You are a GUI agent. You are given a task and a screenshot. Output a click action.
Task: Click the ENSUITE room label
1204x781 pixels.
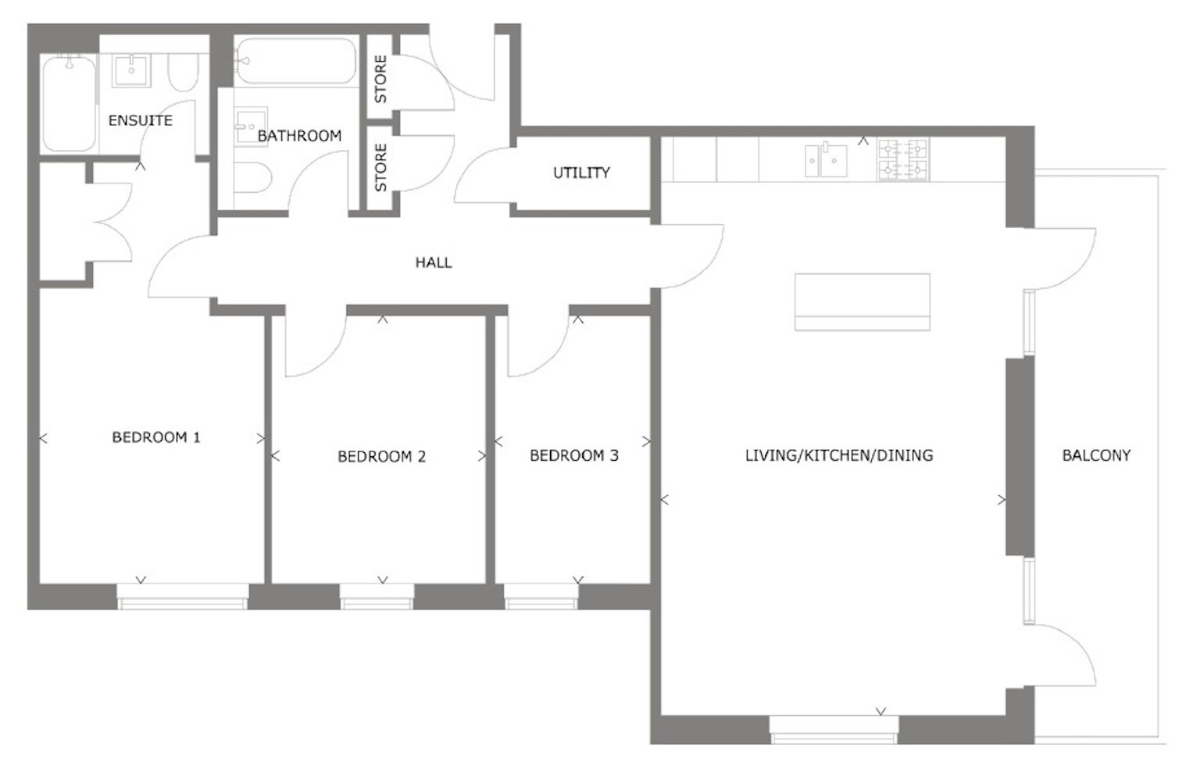[140, 120]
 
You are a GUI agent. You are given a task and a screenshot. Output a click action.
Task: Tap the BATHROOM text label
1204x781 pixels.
[299, 136]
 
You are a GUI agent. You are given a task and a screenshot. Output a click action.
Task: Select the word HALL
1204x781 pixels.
[433, 262]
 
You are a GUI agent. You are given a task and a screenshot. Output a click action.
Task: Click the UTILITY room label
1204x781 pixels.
[581, 173]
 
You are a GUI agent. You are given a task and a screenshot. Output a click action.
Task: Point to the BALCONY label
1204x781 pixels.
[1095, 455]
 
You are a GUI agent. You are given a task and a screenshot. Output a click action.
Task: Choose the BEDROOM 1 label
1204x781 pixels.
[156, 437]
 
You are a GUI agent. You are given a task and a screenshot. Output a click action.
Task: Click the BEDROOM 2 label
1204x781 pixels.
[381, 456]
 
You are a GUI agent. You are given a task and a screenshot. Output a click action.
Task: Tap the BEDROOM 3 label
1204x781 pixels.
[573, 455]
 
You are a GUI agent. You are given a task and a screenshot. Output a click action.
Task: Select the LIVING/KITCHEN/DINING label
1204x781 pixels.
[838, 455]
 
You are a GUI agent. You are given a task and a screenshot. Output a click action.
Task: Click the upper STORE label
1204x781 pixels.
[380, 79]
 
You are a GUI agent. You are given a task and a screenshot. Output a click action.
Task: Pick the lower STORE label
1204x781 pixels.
[380, 167]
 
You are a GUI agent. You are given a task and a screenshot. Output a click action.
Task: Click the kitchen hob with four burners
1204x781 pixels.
[902, 159]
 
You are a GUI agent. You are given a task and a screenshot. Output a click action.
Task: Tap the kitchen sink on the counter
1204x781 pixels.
[826, 160]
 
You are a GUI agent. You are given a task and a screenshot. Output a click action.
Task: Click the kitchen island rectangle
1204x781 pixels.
[862, 301]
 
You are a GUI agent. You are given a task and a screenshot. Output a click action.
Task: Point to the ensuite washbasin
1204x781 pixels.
[132, 70]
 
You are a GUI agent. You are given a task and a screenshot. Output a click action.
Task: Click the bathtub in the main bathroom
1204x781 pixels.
[296, 61]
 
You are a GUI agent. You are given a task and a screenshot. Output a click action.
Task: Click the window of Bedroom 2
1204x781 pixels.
[377, 597]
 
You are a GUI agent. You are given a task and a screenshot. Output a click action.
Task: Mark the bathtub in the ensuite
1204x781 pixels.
[69, 103]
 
